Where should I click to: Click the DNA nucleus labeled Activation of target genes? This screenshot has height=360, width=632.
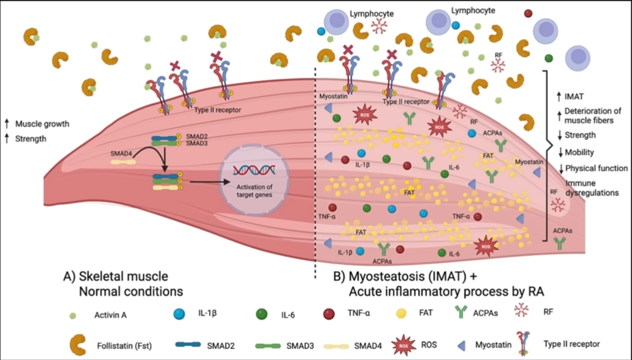click(254, 180)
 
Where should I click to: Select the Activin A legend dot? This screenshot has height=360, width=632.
click(73, 315)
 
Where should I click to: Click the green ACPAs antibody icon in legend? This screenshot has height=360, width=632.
click(462, 314)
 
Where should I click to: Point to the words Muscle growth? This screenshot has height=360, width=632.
click(42, 124)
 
